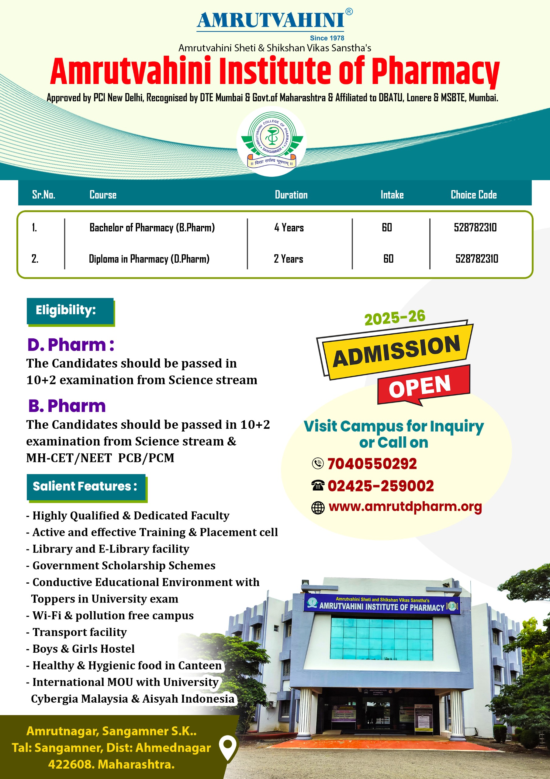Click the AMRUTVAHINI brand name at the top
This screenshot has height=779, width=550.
271,20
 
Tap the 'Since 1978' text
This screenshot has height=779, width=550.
327,38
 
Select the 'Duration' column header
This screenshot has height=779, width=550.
291,195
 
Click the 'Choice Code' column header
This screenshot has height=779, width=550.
473,195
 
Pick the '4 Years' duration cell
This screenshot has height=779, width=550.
289,228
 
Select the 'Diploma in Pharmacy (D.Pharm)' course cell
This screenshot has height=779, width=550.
149,259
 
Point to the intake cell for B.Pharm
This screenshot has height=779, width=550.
387,227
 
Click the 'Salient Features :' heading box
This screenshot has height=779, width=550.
86,487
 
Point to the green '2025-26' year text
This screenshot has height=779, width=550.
395,318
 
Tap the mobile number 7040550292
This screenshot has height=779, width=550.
372,464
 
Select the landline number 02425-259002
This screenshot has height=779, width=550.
380,486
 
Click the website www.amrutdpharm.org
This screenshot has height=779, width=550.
405,507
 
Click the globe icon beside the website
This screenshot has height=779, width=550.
318,508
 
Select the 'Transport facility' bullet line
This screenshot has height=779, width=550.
79,632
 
